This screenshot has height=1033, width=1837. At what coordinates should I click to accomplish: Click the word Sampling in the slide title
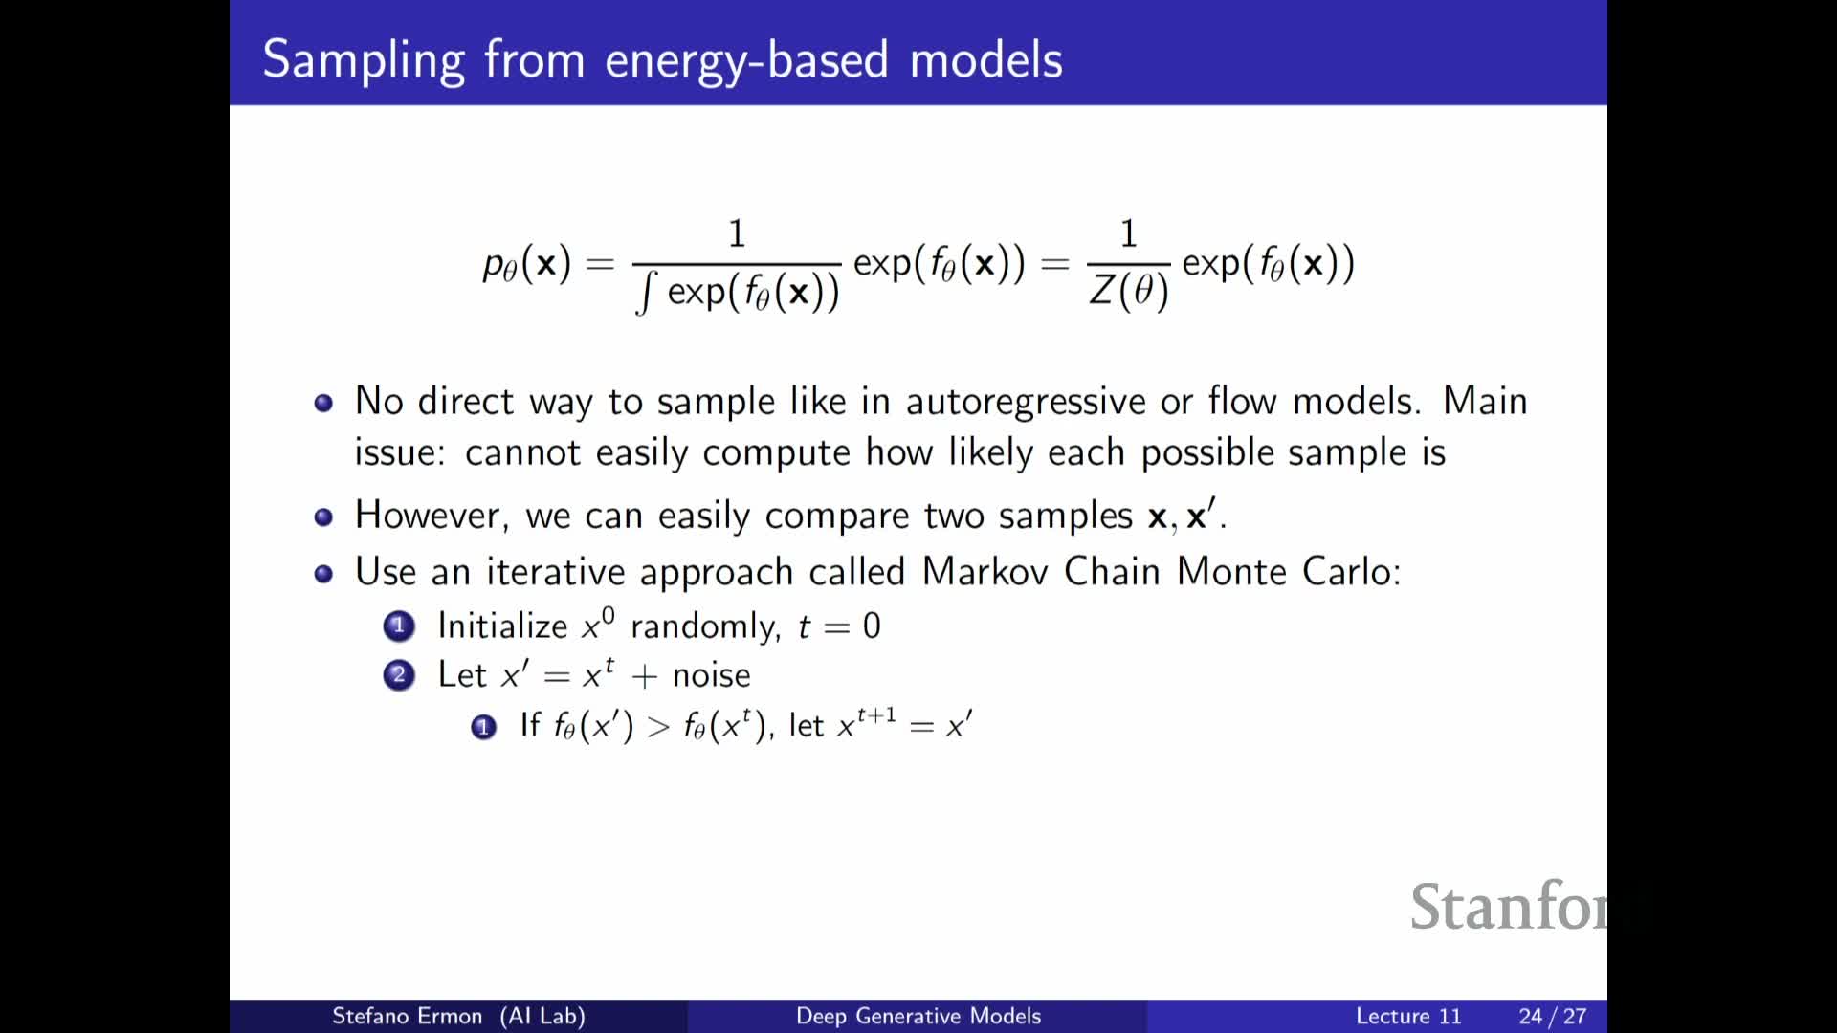pyautogui.click(x=364, y=61)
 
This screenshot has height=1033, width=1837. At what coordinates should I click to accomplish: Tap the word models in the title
pyautogui.click(x=985, y=59)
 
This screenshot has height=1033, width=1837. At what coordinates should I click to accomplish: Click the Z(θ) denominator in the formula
pyautogui.click(x=1129, y=291)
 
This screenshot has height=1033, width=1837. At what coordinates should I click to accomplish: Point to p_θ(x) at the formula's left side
pyautogui.click(x=527, y=263)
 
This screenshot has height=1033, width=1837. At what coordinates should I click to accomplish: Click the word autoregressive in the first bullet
pyautogui.click(x=1026, y=402)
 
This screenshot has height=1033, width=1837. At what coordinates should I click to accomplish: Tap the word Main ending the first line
pyautogui.click(x=1485, y=401)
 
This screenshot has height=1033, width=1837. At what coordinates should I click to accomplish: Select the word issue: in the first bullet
pyautogui.click(x=400, y=452)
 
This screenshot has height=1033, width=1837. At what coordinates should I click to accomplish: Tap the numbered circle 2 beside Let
pyautogui.click(x=399, y=675)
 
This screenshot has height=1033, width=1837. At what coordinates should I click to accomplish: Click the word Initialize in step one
pyautogui.click(x=502, y=626)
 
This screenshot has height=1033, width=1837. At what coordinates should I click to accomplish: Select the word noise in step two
pyautogui.click(x=711, y=675)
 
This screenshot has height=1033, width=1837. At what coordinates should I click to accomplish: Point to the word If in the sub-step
pyautogui.click(x=530, y=725)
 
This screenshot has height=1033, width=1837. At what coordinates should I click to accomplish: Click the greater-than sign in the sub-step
pyautogui.click(x=658, y=727)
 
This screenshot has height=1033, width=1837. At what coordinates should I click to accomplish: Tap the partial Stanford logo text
pyautogui.click(x=1509, y=906)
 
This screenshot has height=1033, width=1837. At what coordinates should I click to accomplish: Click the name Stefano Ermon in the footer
pyautogui.click(x=407, y=1016)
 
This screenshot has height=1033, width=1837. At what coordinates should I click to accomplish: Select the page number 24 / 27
pyautogui.click(x=1552, y=1016)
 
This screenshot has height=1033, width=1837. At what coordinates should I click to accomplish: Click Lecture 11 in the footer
pyautogui.click(x=1408, y=1016)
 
